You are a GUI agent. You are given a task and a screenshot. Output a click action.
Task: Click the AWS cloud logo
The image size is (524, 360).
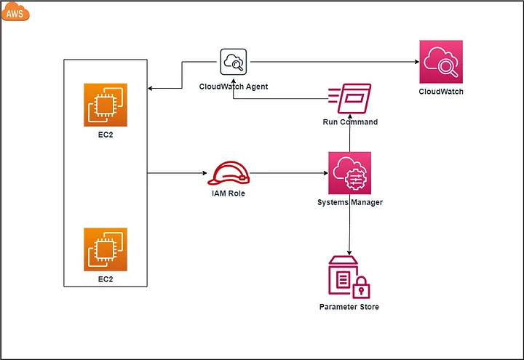15,12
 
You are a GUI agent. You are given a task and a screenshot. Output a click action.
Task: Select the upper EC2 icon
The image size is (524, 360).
106,105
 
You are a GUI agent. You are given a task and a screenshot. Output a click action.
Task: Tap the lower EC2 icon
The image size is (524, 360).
106,249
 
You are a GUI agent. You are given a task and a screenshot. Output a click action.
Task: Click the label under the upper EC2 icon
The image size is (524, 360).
106,135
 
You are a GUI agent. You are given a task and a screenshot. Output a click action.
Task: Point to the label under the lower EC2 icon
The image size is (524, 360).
106,279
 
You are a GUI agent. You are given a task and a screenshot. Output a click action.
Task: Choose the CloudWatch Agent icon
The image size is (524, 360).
234,62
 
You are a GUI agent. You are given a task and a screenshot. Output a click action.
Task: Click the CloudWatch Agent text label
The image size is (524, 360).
234,87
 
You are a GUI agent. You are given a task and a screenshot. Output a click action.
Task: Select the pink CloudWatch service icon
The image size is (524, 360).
441,62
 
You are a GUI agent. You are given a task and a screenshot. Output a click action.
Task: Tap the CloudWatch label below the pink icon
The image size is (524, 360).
441,92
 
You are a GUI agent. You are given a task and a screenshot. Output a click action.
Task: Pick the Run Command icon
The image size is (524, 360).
349,98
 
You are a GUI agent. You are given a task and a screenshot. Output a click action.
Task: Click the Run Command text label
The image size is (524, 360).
350,122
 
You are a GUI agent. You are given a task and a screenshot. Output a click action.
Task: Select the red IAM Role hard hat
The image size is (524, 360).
229,173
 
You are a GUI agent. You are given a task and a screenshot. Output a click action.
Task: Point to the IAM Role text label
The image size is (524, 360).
229,193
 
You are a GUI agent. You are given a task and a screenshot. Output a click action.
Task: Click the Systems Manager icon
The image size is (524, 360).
349,173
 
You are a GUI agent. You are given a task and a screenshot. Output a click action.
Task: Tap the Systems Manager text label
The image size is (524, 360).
350,202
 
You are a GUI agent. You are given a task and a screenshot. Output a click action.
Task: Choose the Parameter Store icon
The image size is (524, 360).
349,277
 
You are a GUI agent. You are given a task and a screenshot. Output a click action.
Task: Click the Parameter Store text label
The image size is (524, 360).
349,307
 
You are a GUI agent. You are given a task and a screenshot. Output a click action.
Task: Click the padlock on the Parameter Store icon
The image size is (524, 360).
361,287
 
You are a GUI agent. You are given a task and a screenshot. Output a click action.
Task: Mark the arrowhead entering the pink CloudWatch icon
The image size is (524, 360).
417,62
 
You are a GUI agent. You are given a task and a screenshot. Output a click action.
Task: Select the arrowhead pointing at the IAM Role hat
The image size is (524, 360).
205,173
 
